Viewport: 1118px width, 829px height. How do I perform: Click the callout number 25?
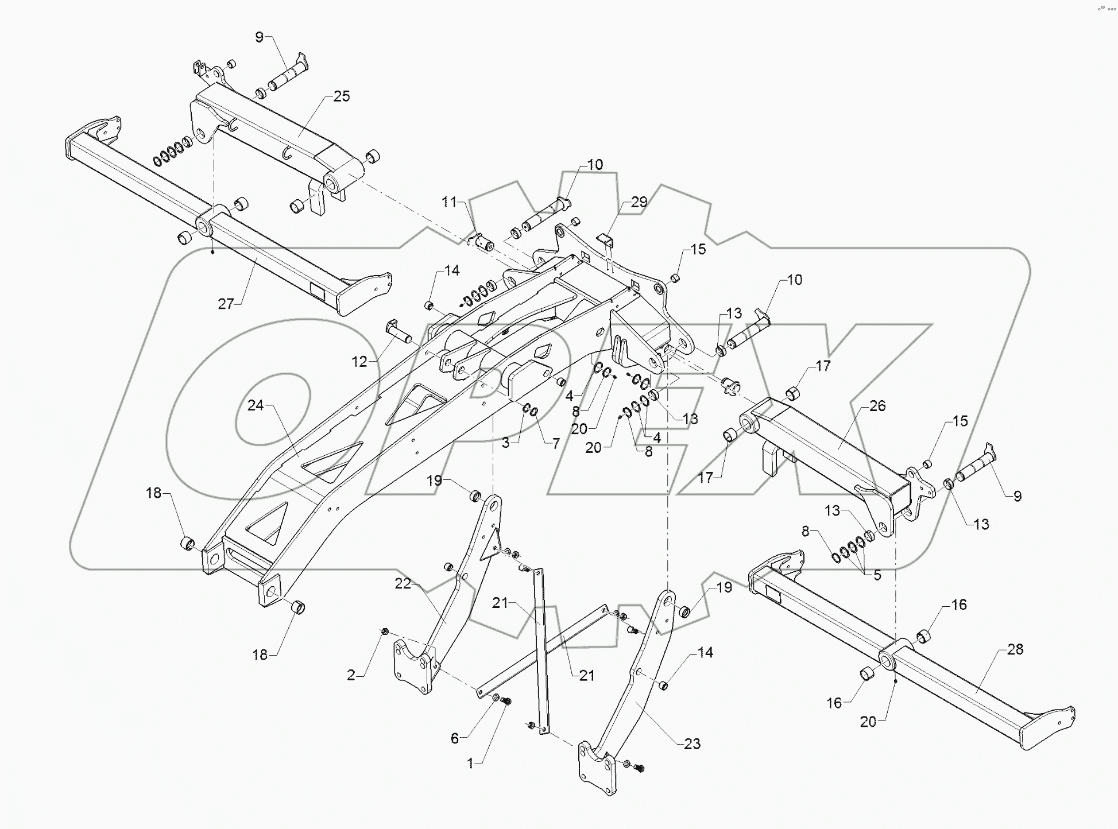(x=341, y=96)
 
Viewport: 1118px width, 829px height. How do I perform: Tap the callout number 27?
(x=226, y=304)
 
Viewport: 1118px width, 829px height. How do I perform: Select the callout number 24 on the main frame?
(x=256, y=405)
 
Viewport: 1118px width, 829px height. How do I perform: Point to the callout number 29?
(x=639, y=202)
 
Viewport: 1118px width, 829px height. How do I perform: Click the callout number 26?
(x=877, y=406)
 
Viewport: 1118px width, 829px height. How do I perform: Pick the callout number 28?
(x=1015, y=649)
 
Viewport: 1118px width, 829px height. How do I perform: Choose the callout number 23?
(x=692, y=744)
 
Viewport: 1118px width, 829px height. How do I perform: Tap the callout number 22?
(x=403, y=583)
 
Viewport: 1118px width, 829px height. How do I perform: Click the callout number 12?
(x=359, y=362)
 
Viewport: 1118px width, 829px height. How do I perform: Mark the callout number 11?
(x=449, y=202)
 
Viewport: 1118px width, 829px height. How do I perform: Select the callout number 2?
(x=351, y=676)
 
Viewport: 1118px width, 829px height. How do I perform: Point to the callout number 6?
(x=455, y=738)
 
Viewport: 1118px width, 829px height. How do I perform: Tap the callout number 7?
(x=556, y=444)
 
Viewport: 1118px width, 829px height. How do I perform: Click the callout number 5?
(x=877, y=575)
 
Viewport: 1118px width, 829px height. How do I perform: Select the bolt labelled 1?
(x=506, y=701)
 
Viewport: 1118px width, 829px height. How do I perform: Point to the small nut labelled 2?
(x=385, y=632)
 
